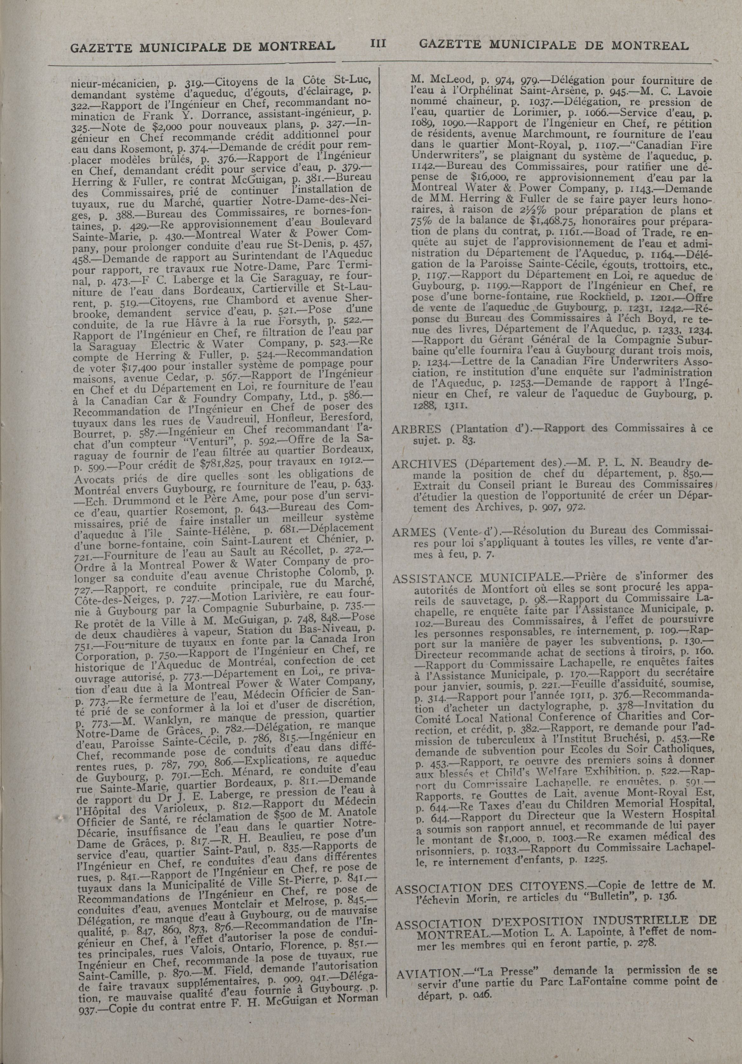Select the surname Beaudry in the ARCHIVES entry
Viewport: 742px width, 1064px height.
(x=665, y=463)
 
